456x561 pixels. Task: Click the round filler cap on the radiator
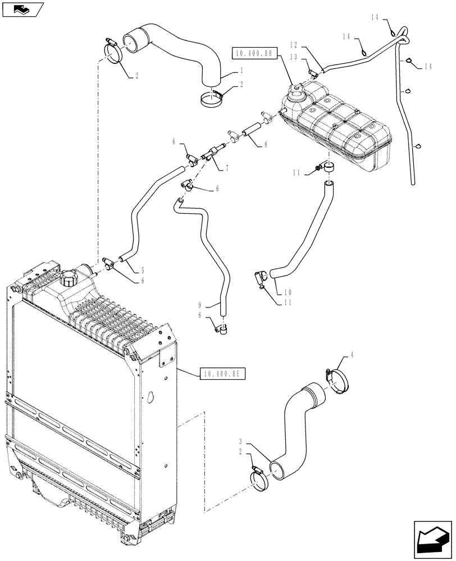(x=71, y=278)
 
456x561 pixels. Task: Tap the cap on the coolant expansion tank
(x=295, y=90)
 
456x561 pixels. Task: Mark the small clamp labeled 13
(x=314, y=72)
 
